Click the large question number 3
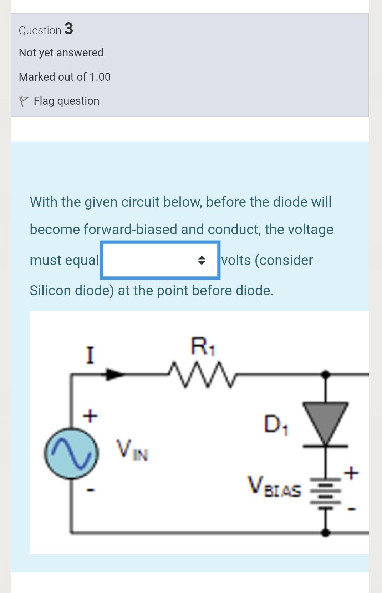[69, 29]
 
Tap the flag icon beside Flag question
[24, 101]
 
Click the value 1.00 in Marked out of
[100, 77]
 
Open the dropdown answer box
[159, 260]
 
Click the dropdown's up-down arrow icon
[202, 260]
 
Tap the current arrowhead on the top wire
[114, 374]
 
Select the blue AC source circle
[71, 454]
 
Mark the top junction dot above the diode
[325, 374]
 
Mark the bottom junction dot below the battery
[325, 533]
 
